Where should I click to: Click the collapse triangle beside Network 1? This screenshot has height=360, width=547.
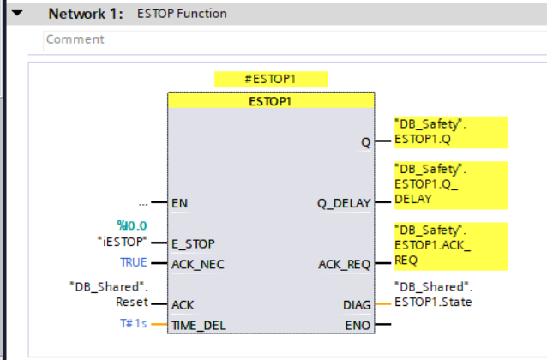[x=17, y=13]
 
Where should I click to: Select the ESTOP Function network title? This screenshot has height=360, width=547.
[x=182, y=14]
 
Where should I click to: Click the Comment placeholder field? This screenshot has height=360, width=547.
[x=75, y=39]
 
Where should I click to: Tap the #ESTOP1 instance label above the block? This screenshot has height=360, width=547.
[x=271, y=79]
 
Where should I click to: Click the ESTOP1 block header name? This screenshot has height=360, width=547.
[x=270, y=101]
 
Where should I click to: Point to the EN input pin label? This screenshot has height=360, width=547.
[x=180, y=203]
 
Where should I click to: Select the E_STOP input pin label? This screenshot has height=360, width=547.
[x=193, y=243]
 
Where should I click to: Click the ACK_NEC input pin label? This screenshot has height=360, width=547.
[x=198, y=264]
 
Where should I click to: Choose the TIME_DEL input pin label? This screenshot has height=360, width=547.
[x=199, y=326]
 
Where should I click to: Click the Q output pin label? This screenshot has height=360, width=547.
[x=365, y=142]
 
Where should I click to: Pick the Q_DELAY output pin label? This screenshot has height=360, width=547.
[x=344, y=203]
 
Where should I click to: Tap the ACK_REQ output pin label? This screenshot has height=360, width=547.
[x=344, y=264]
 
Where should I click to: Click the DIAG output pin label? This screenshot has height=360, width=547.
[x=357, y=305]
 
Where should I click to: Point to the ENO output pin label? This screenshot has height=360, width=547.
[x=358, y=326]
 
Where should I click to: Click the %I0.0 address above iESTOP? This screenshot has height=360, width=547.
[x=132, y=225]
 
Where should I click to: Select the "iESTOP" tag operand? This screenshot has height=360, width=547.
[x=122, y=242]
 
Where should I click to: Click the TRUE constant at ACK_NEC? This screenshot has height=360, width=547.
[x=134, y=262]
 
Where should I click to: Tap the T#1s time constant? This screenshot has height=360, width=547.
[x=134, y=324]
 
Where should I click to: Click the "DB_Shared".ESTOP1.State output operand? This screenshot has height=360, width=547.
[x=433, y=294]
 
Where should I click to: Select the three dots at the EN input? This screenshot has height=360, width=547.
[x=143, y=204]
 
